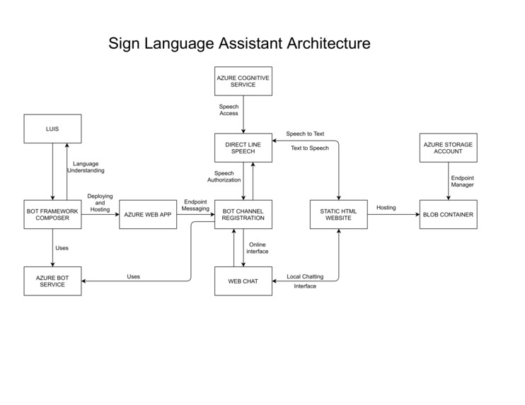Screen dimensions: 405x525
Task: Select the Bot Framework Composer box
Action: coord(52,214)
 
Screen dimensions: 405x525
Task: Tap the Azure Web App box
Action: coord(148,214)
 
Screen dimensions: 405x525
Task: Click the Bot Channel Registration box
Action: coord(243,214)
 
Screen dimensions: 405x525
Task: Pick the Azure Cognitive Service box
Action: coord(243,81)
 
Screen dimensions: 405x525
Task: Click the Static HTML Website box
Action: coord(339,214)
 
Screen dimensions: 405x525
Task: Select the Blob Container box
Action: coord(448,214)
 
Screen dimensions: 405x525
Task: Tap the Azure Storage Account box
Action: coord(448,147)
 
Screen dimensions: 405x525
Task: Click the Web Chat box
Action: coord(243,281)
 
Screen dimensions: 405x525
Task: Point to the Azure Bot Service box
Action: coord(52,281)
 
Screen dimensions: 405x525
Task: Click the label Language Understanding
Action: coord(86,167)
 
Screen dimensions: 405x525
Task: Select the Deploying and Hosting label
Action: coord(100,203)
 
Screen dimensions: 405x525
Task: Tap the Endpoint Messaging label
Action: coord(195,205)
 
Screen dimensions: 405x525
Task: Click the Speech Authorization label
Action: coord(224,176)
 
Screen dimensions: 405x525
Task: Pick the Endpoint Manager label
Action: coord(462,181)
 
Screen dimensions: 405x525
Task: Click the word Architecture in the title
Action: coord(328,43)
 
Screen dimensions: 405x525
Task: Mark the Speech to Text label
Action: coord(305,134)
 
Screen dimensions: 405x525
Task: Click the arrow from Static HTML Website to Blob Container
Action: coord(393,214)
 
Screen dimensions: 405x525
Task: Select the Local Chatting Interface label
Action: coord(305,281)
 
